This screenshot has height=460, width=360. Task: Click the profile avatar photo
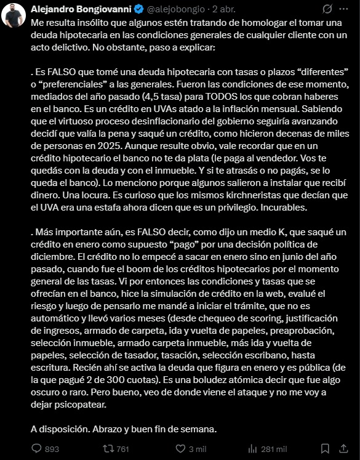click(x=14, y=14)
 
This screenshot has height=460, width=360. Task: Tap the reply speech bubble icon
click(x=36, y=449)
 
